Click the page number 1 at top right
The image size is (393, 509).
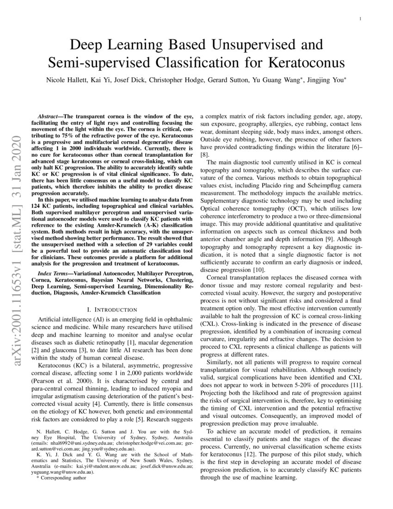coord(360,19)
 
